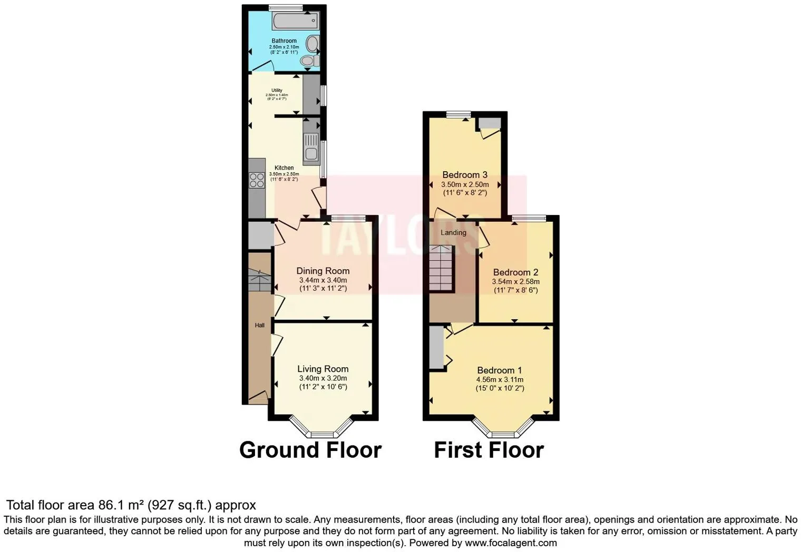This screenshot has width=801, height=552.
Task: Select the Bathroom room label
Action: click(x=284, y=41)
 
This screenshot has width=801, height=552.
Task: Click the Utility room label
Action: click(x=277, y=91)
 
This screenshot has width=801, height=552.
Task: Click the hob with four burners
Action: click(x=257, y=180)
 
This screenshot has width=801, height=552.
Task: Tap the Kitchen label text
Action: click(x=284, y=168)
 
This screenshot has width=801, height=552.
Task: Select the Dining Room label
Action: click(x=323, y=271)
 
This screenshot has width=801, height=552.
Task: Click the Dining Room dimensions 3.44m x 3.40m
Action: click(x=323, y=280)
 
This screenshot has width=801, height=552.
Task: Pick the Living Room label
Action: click(x=323, y=369)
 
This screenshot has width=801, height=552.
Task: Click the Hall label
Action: click(x=260, y=326)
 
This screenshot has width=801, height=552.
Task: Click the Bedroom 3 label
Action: click(x=465, y=175)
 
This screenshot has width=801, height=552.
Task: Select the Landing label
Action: click(x=453, y=232)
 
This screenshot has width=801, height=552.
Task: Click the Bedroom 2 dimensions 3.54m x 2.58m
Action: click(x=515, y=282)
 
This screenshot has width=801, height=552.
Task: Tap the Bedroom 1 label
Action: click(x=500, y=370)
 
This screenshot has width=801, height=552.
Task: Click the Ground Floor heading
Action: click(x=310, y=450)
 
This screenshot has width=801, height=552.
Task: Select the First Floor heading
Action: click(x=489, y=450)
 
